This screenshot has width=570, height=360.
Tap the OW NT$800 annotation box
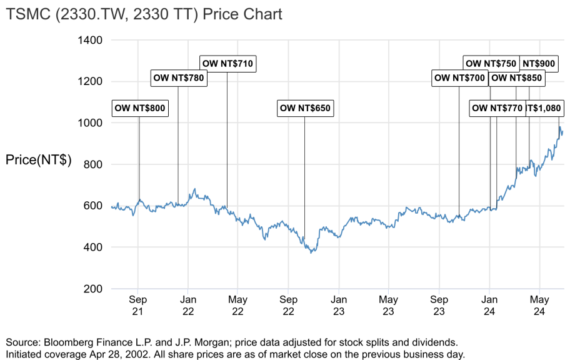tap(140, 108)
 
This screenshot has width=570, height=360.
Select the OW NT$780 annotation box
tap(179, 77)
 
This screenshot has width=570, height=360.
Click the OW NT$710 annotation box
tap(228, 63)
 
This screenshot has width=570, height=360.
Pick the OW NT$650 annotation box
tap(305, 108)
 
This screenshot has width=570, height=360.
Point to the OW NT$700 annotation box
tap(459, 78)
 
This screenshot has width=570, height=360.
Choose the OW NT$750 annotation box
tap(491, 63)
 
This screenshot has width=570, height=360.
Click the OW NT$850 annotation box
tap(516, 78)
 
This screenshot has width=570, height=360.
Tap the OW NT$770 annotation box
tap(497, 108)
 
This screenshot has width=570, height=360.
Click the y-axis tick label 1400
tap(90, 40)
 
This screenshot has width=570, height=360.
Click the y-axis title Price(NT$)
tap(38, 160)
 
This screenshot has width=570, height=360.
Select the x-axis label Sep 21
tap(138, 305)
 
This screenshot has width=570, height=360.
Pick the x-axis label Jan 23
tap(339, 305)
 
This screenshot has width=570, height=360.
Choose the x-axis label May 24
tap(540, 305)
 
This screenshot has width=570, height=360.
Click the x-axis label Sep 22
tap(289, 305)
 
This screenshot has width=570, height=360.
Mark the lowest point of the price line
tap(311, 252)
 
